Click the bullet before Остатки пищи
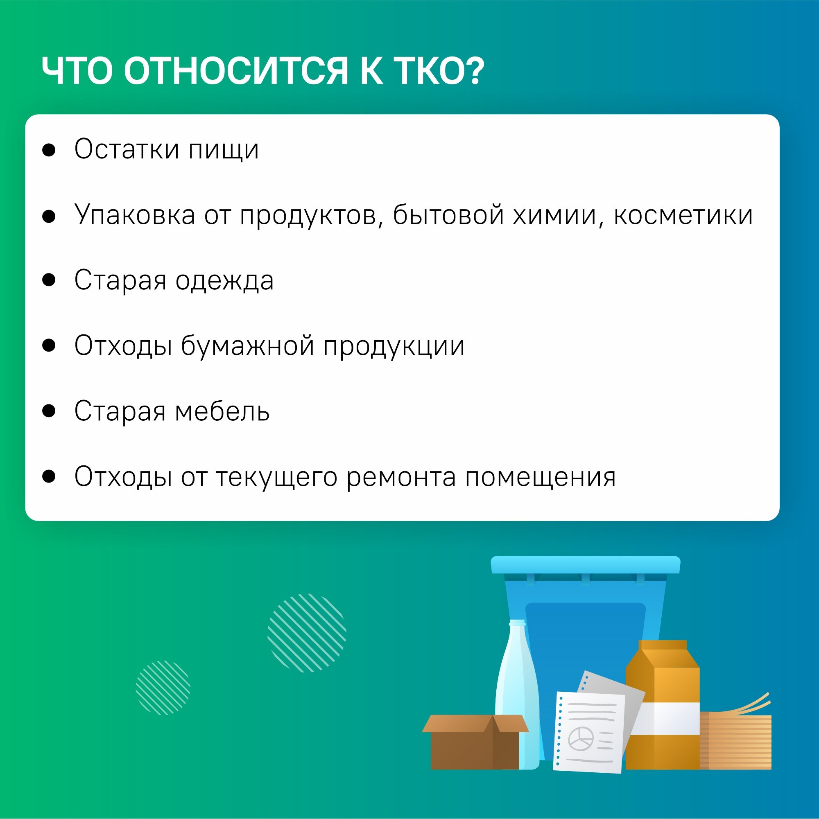[49, 150]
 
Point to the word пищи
[224, 151]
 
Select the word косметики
[683, 215]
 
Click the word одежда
[224, 281]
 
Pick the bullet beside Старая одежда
[49, 280]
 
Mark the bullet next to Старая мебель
[49, 411]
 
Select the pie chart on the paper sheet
[581, 738]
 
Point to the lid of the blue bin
[585, 565]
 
